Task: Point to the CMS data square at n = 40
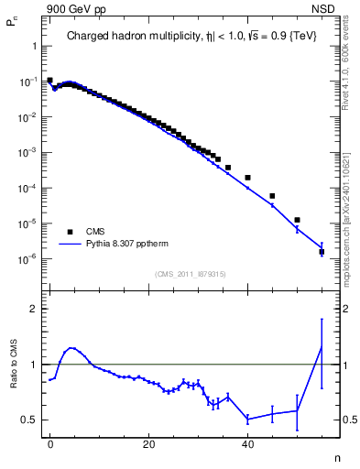click(247, 177)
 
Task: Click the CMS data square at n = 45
click(272, 196)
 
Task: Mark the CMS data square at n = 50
click(297, 220)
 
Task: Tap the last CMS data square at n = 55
click(322, 251)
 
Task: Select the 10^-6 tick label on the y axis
click(29, 258)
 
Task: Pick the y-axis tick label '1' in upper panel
click(34, 47)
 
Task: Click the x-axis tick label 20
click(148, 442)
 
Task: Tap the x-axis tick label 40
click(247, 442)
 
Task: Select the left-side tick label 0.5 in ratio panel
click(30, 420)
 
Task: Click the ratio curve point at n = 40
click(247, 419)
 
